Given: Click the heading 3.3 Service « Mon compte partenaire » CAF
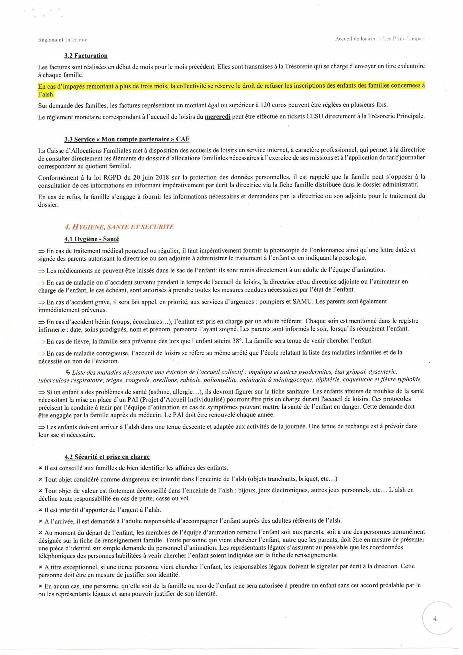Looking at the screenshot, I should [127, 139].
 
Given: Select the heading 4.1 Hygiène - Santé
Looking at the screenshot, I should [92, 239].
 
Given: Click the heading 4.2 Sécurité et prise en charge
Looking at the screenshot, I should [107, 457].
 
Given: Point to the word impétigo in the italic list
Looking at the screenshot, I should [260, 372].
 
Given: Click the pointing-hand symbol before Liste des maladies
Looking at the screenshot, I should [68, 372].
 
